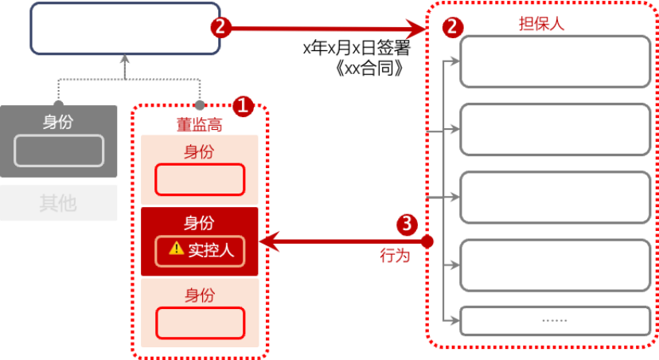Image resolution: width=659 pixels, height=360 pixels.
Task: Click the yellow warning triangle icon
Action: (x=176, y=248)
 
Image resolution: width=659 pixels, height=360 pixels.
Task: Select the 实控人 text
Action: (x=211, y=250)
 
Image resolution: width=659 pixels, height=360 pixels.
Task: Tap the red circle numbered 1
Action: (x=244, y=106)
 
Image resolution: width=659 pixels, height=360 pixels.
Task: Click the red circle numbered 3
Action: (x=407, y=225)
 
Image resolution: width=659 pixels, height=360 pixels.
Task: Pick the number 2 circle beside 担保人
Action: (x=453, y=28)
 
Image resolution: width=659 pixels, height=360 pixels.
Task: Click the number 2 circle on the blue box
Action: (x=221, y=28)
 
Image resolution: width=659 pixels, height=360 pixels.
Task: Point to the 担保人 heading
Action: (x=541, y=24)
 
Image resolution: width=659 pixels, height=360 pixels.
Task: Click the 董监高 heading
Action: (x=199, y=124)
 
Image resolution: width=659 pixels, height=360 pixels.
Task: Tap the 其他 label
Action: (x=58, y=203)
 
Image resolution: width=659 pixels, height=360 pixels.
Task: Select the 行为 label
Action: (x=395, y=256)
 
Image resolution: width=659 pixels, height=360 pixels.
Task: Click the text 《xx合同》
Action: (x=369, y=68)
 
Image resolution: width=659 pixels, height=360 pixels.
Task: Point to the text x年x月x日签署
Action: (x=357, y=48)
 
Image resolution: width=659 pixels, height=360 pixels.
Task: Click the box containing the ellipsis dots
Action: (x=556, y=321)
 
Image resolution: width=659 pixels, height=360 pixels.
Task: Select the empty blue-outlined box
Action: (x=125, y=28)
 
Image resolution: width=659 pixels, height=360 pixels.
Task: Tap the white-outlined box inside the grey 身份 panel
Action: (x=59, y=151)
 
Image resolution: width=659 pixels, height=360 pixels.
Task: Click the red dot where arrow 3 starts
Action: (x=427, y=242)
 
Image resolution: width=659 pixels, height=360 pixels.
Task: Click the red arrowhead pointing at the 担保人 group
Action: (x=416, y=29)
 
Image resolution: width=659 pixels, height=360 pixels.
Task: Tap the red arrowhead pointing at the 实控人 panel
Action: (x=269, y=242)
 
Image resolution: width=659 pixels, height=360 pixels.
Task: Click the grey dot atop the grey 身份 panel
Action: (x=58, y=104)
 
